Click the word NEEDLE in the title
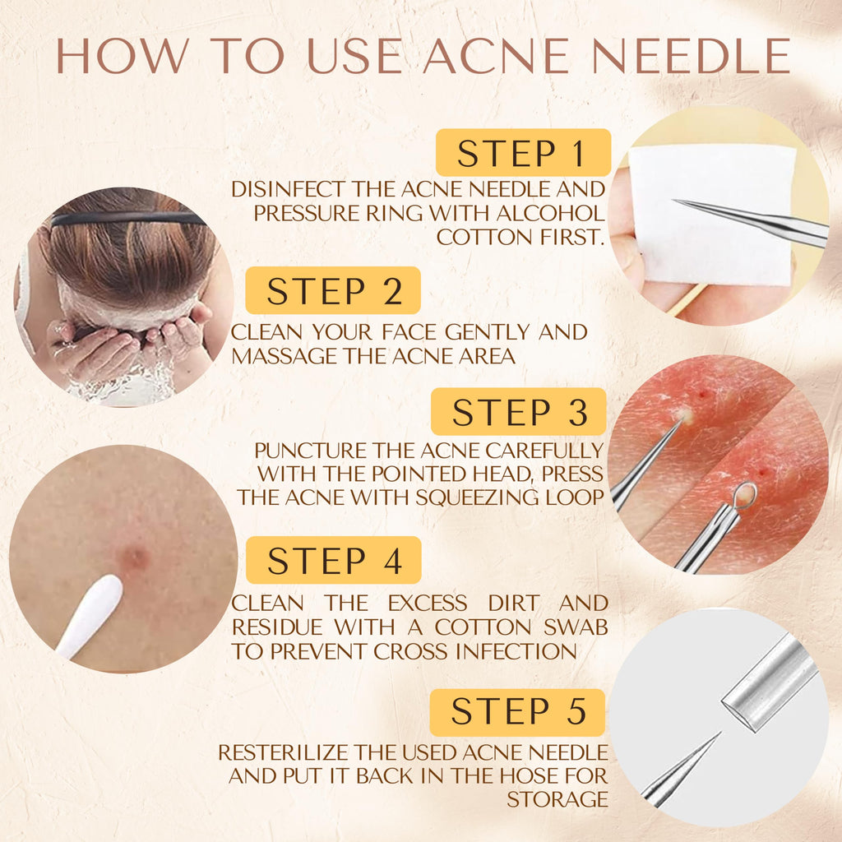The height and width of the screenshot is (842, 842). click(x=691, y=55)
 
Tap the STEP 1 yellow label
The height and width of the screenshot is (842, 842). click(x=523, y=152)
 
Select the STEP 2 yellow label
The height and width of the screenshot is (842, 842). click(x=333, y=290)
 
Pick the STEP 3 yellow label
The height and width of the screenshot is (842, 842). click(x=519, y=411)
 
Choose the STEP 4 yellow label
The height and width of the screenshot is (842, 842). click(x=334, y=559)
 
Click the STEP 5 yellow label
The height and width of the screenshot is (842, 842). click(x=517, y=712)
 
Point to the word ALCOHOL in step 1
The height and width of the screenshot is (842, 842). click(x=551, y=213)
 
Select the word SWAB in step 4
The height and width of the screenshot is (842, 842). click(x=575, y=627)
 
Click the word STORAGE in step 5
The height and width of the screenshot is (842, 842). click(x=557, y=799)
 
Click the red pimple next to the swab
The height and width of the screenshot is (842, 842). click(x=133, y=557)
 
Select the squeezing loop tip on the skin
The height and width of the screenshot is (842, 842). click(x=744, y=495)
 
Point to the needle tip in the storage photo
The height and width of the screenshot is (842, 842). click(x=719, y=733)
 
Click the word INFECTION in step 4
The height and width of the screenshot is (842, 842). click(x=516, y=651)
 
